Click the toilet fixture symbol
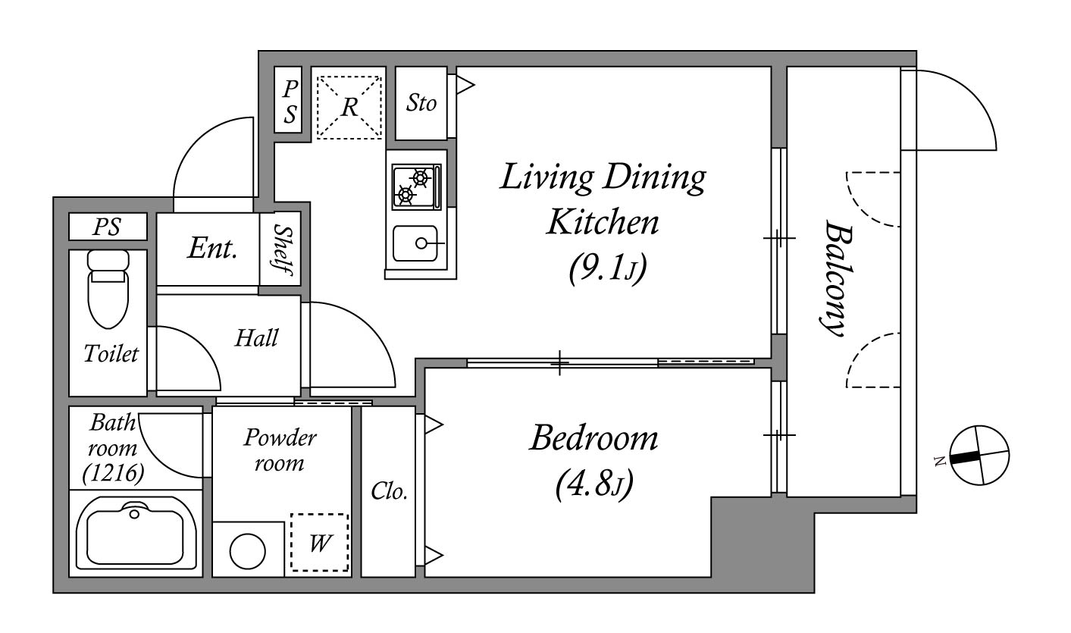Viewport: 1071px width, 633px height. (108, 289)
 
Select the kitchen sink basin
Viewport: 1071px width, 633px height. (415, 243)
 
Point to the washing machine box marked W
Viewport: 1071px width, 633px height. (319, 542)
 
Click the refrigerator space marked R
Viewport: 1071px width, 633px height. (349, 107)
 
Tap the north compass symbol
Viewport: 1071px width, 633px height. (979, 455)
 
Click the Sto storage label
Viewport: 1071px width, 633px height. (421, 103)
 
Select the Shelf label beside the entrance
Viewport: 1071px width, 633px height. (283, 249)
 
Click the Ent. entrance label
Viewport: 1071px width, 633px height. (213, 248)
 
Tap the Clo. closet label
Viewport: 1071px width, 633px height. (389, 490)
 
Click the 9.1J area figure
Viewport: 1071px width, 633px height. (607, 268)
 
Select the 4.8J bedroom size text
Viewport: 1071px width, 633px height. (594, 484)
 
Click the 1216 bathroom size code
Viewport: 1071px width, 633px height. (113, 473)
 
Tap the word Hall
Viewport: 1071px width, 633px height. (256, 338)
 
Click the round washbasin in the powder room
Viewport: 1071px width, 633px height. (247, 551)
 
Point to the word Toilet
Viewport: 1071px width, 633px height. (111, 354)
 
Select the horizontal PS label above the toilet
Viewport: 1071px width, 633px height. (107, 227)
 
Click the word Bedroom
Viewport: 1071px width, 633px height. (593, 438)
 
